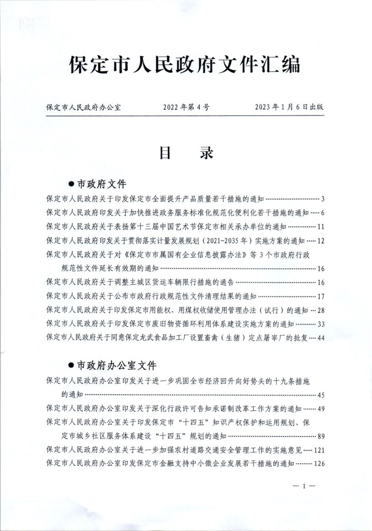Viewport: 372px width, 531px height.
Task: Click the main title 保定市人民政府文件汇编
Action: click(185, 65)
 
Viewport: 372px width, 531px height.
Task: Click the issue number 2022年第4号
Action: click(186, 108)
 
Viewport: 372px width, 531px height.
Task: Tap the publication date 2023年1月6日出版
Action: click(289, 108)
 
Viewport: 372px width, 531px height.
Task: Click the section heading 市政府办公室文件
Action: click(116, 366)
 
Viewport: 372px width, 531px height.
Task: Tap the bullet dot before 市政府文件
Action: click(71, 184)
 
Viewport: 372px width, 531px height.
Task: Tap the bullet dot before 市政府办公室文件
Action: click(71, 366)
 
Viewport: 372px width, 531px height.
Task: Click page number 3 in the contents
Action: click(322, 199)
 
